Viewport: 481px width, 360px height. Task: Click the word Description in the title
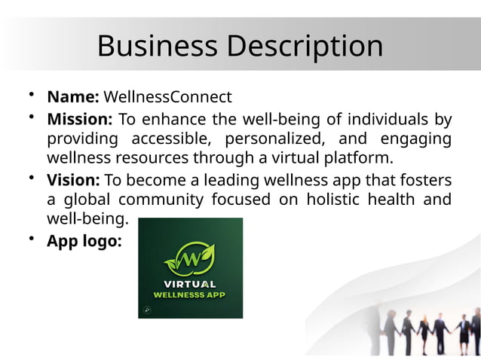pos(304,47)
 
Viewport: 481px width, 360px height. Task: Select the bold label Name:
pos(73,97)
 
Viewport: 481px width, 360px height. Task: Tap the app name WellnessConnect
pos(167,97)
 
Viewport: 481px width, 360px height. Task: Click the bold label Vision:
pos(74,180)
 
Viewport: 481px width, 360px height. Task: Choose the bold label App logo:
pos(84,242)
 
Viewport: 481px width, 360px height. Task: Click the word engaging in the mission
pos(416,139)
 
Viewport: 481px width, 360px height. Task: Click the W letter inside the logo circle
pos(191,258)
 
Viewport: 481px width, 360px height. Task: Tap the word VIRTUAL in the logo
pos(190,285)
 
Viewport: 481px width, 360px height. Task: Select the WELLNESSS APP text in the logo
pos(189,294)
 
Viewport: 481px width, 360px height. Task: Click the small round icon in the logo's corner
pos(146,310)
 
